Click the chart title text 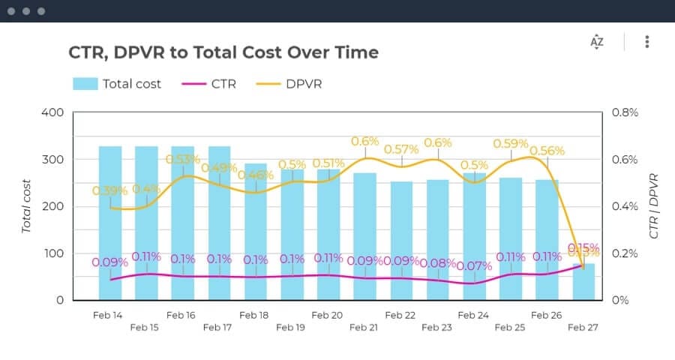pyautogui.click(x=223, y=52)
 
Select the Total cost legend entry pyautogui.click(x=117, y=84)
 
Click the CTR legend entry pyautogui.click(x=209, y=84)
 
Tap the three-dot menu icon pyautogui.click(x=646, y=42)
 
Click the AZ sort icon pyautogui.click(x=597, y=42)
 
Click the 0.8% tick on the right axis pyautogui.click(x=626, y=112)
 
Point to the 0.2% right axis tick pyautogui.click(x=626, y=253)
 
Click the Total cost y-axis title pyautogui.click(x=27, y=205)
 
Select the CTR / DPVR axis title pyautogui.click(x=654, y=205)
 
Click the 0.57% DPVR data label pyautogui.click(x=401, y=149)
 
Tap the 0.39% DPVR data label pyautogui.click(x=109, y=190)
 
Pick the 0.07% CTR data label pyautogui.click(x=474, y=265)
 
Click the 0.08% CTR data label pyautogui.click(x=437, y=262)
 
